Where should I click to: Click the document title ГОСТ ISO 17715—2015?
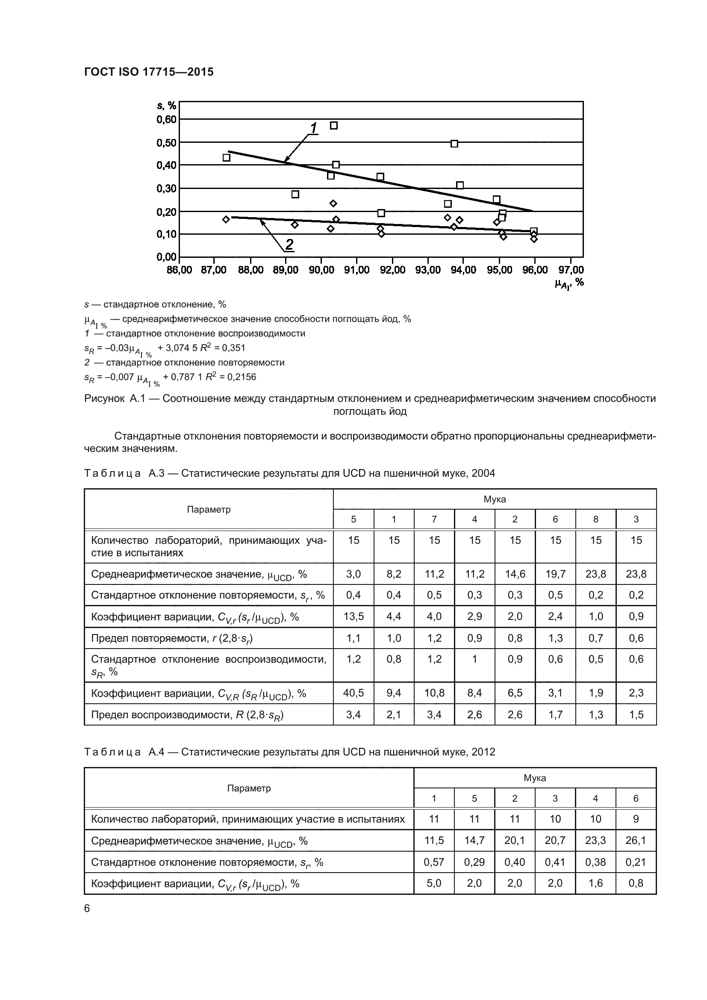point(148,72)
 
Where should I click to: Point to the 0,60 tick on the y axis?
point(166,119)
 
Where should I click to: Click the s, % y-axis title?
point(166,106)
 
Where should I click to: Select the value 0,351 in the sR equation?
point(235,348)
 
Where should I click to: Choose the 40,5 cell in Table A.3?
point(353,693)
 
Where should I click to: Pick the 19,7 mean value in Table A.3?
point(555,574)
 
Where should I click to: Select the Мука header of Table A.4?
point(535,778)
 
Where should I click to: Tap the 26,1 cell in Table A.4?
point(636,840)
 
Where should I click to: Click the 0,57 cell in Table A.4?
point(433,862)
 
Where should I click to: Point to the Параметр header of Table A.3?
point(209,510)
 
